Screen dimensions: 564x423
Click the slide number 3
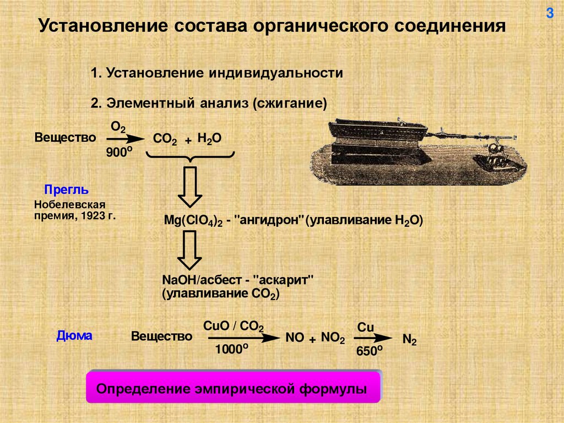[x=549, y=14]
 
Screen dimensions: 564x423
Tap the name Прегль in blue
[x=67, y=190]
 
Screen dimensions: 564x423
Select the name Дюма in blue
[x=75, y=335]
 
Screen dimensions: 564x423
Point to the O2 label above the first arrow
[x=118, y=127]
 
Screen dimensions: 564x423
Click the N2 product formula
[x=409, y=339]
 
